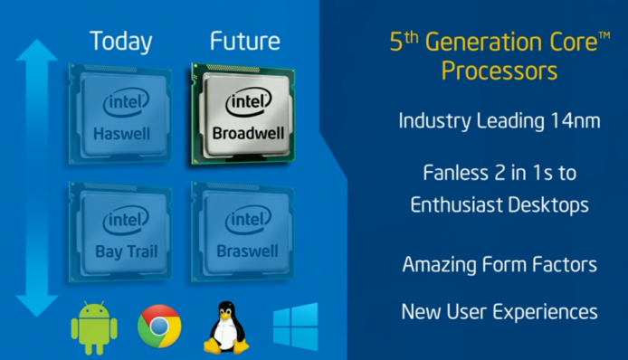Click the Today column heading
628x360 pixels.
pyautogui.click(x=120, y=42)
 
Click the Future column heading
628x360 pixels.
pyautogui.click(x=244, y=42)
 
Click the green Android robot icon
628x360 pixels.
pyautogui.click(x=94, y=328)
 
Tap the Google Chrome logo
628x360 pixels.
pyautogui.click(x=159, y=327)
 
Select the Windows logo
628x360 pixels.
pyautogui.click(x=296, y=327)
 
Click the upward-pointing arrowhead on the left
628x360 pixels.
pyautogui.click(x=36, y=56)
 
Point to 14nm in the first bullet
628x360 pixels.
pyautogui.click(x=573, y=120)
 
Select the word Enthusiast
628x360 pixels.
pyautogui.click(x=460, y=206)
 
